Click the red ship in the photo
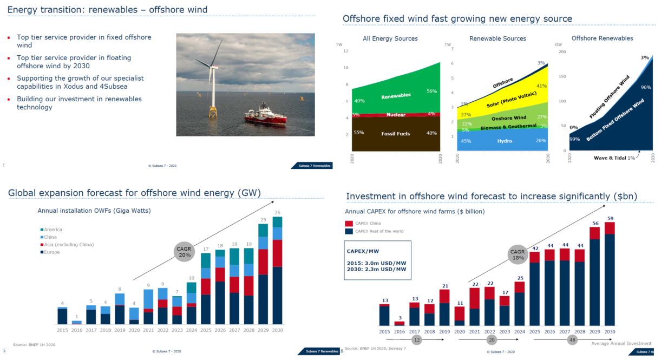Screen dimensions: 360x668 click(265, 115)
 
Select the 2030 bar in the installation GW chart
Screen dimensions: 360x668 click(277, 271)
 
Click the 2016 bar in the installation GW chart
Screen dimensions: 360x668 click(77, 322)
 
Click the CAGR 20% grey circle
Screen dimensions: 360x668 click(184, 252)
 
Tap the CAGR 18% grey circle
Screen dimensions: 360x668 click(519, 255)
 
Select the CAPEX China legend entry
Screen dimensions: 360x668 click(368, 223)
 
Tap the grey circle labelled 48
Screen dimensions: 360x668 click(573, 340)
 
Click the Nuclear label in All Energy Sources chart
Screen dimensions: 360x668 click(395, 115)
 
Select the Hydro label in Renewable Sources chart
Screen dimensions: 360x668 click(505, 141)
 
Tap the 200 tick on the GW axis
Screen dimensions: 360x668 click(562, 51)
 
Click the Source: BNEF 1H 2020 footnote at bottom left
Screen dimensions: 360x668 click(34, 344)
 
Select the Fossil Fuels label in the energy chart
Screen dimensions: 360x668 click(395, 134)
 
